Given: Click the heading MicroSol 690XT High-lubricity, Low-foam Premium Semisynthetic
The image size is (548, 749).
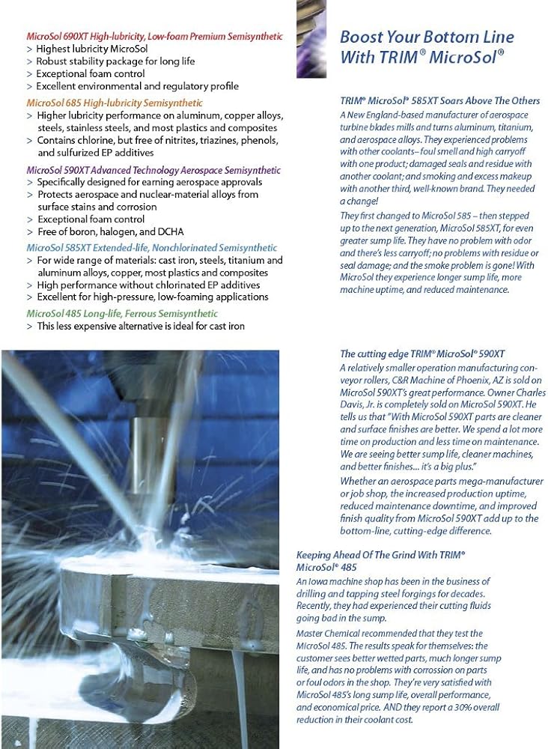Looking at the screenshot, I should pyautogui.click(x=154, y=36).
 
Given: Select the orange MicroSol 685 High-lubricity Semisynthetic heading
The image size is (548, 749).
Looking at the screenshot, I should pyautogui.click(x=114, y=103).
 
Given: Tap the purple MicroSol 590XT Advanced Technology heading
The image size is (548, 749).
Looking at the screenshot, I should pyautogui.click(x=153, y=170).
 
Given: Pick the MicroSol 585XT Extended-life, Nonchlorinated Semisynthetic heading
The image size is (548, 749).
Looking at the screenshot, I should pyautogui.click(x=151, y=248).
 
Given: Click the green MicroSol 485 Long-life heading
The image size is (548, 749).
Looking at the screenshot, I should pyautogui.click(x=122, y=314).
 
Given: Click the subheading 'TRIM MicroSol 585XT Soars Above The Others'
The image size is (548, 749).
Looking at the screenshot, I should pyautogui.click(x=439, y=101).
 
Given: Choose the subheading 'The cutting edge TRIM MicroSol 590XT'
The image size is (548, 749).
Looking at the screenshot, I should pyautogui.click(x=422, y=354).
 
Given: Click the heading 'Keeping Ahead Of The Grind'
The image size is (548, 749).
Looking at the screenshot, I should pyautogui.click(x=367, y=555).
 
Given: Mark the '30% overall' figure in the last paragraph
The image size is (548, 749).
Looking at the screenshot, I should pyautogui.click(x=471, y=707).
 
